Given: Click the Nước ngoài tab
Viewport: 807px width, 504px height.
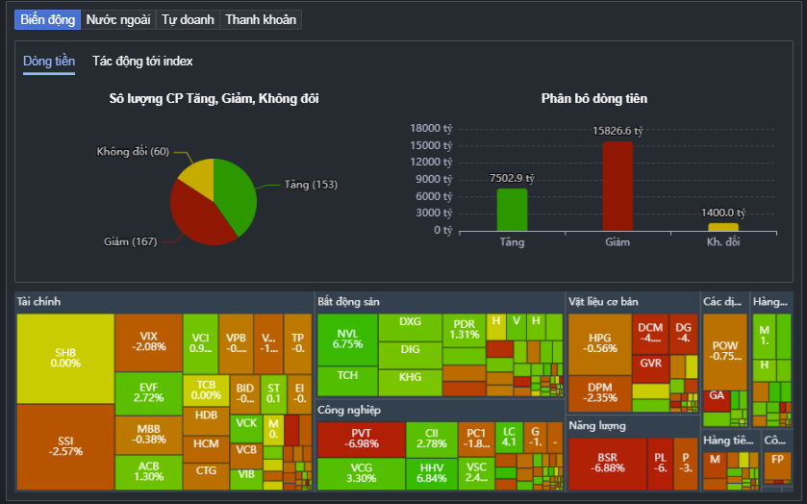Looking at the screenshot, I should click(117, 19).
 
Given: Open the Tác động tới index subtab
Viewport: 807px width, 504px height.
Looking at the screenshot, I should click(142, 62).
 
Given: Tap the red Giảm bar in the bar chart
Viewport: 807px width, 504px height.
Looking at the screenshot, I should click(618, 187).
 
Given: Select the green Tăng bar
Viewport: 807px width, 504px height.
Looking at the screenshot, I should click(512, 210).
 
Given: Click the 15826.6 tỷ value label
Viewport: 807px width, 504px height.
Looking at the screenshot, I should click(618, 131).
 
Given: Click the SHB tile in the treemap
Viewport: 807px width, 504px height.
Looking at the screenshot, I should click(65, 358).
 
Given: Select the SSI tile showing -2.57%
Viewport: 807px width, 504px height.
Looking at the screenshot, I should click(65, 446).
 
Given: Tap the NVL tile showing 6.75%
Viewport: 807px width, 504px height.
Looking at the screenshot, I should click(347, 339).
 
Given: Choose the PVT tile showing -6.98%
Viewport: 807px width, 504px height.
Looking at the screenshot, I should click(361, 439).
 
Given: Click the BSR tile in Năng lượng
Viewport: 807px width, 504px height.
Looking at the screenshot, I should click(607, 463).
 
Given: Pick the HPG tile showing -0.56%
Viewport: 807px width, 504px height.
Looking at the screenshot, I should click(600, 343).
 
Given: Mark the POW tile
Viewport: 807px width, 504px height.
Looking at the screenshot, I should click(724, 351).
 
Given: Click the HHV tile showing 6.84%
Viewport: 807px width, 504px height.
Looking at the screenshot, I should click(432, 472).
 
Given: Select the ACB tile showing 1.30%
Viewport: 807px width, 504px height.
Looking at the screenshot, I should click(149, 470).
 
